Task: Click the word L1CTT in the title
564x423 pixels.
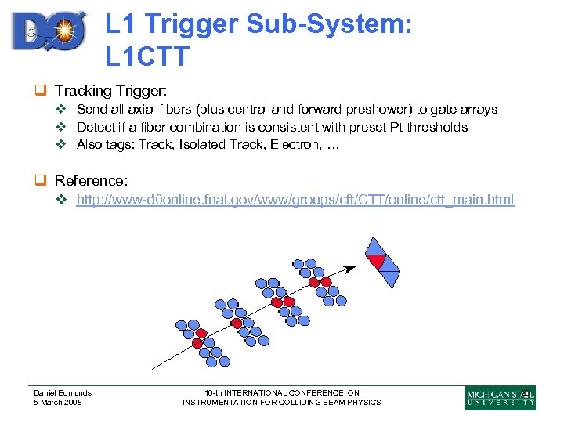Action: tap(147, 56)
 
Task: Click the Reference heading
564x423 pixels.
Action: tap(91, 181)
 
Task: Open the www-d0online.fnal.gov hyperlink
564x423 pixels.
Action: tap(295, 200)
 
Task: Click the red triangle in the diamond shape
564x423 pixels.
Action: tap(378, 261)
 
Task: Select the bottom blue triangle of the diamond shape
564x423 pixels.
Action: tap(389, 277)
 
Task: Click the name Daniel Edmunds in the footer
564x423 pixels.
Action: tap(63, 392)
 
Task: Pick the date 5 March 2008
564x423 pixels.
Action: tap(58, 403)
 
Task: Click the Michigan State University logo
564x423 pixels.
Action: tap(500, 398)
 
